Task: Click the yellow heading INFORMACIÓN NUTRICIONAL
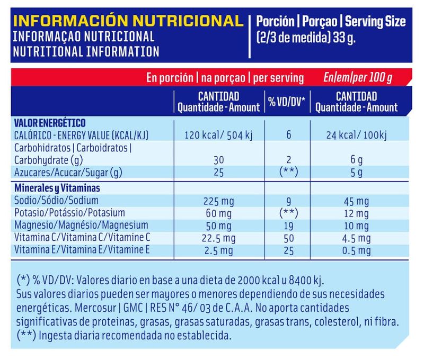point(127,22)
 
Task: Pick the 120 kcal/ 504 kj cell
point(218,135)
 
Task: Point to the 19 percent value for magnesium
point(288,226)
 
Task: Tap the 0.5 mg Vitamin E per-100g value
point(356,250)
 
